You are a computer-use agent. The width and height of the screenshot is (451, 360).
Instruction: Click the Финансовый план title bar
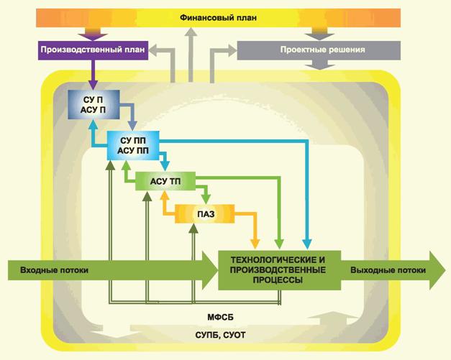(x=224, y=17)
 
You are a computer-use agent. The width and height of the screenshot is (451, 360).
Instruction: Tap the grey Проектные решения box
(x=322, y=50)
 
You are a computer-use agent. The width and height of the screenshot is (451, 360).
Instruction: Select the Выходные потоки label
(x=387, y=270)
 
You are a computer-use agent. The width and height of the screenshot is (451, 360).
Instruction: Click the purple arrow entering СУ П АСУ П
(x=94, y=75)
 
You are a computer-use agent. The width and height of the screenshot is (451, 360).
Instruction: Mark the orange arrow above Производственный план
(x=94, y=33)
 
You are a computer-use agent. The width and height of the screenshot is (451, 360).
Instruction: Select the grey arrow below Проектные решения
(x=322, y=65)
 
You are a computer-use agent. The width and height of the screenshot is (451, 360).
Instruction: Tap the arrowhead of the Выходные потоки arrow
(x=436, y=270)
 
